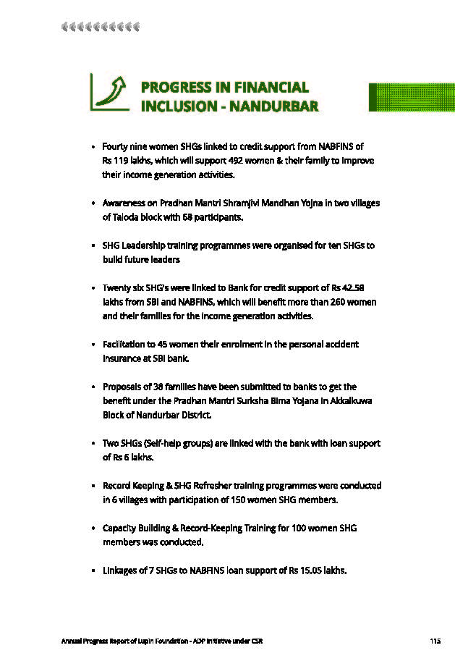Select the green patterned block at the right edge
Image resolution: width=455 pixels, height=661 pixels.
coord(412,97)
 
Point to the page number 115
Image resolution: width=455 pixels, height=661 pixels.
coord(435,641)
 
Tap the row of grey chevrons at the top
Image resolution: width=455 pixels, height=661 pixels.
coord(100,27)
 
